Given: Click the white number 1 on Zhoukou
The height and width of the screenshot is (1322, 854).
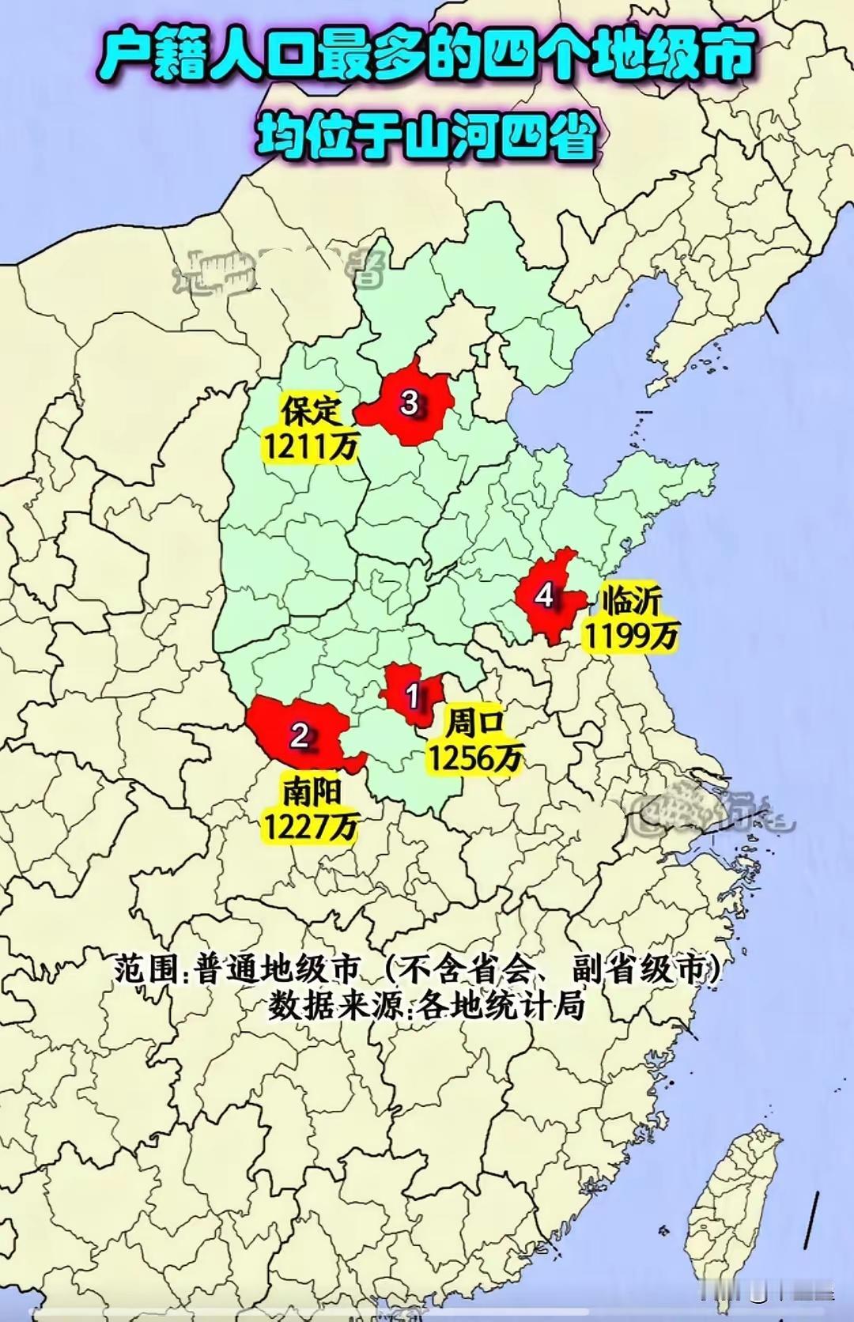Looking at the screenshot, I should (x=412, y=696).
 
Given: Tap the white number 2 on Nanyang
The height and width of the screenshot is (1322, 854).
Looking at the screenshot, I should (x=299, y=735).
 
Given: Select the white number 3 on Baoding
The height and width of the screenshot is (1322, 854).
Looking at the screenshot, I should (x=409, y=402).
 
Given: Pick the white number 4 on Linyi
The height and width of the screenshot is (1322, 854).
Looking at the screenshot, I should (x=544, y=594).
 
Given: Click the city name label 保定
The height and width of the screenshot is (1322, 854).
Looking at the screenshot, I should (x=312, y=411).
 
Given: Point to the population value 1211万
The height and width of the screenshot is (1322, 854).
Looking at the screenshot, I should (x=311, y=448).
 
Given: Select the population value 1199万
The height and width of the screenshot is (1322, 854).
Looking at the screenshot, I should (x=631, y=635).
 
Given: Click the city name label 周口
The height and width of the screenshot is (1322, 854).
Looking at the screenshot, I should (x=475, y=722).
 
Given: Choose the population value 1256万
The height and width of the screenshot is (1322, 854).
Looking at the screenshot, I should (x=475, y=757).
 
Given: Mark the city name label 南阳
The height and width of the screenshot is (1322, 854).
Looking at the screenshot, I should (x=311, y=791).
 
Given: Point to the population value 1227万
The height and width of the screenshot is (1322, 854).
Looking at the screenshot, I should (x=310, y=826).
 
